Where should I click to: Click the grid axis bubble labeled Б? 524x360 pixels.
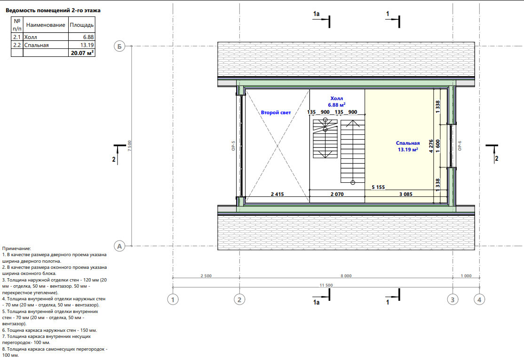(x=119, y=47)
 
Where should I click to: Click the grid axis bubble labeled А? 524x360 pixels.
(x=119, y=246)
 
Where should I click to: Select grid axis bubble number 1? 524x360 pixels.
(x=173, y=299)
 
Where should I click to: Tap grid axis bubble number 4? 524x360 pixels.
(x=479, y=299)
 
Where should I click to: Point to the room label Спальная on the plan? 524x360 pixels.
(x=408, y=143)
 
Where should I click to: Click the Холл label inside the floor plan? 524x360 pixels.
(x=336, y=99)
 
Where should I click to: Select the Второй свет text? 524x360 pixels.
(x=276, y=112)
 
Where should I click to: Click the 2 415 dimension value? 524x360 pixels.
(x=278, y=194)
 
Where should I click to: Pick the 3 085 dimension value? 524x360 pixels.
(x=405, y=194)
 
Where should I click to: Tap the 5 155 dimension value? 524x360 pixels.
(x=378, y=188)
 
